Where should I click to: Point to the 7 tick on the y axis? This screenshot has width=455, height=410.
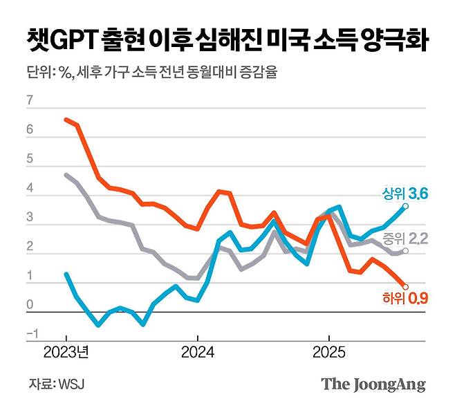pos(29,101)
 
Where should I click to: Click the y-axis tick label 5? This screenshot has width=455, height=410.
pos(29,159)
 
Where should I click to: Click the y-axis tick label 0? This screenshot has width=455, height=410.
pos(29,304)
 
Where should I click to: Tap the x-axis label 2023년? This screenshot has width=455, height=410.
pos(67,351)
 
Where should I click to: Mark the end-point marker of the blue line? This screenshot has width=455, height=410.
pos(405,206)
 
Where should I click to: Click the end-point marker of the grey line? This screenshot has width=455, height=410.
pos(405,251)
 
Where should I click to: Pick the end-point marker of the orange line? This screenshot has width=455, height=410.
pos(405,286)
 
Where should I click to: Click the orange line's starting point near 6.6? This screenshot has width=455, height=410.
pos(66,120)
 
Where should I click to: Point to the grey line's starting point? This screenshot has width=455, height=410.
pos(66,175)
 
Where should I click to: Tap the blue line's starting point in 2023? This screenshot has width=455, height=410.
pos(66,274)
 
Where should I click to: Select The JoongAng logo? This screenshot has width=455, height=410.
pos(373,384)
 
